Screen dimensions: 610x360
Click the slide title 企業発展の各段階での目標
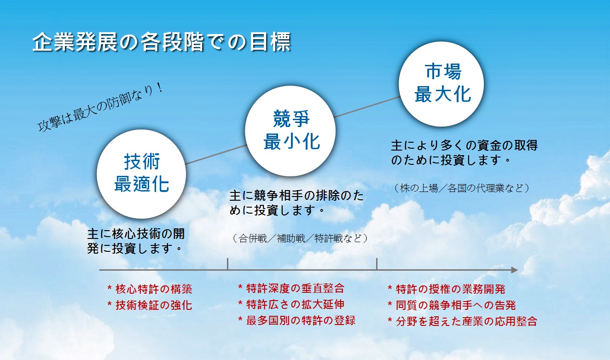tap(162, 42)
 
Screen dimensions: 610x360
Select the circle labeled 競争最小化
tap(290, 131)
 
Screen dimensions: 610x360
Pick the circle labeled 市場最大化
tap(441, 84)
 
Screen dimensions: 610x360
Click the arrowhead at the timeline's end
tap(514, 270)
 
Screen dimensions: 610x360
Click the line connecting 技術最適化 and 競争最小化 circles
tap(215, 155)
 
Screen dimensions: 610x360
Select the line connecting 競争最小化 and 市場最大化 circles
tap(367, 107)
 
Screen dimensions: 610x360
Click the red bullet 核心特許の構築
tap(150, 289)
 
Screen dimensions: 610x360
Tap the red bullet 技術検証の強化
tap(150, 305)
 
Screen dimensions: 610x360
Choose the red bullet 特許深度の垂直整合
tap(291, 288)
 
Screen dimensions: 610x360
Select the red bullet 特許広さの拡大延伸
tap(291, 304)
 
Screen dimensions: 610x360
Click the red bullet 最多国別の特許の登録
tap(297, 320)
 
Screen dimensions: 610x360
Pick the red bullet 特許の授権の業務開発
tap(447, 289)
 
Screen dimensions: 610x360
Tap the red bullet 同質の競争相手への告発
tap(452, 305)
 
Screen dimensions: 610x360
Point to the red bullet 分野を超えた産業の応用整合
tap(463, 321)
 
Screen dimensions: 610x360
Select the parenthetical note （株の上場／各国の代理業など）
tap(462, 188)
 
